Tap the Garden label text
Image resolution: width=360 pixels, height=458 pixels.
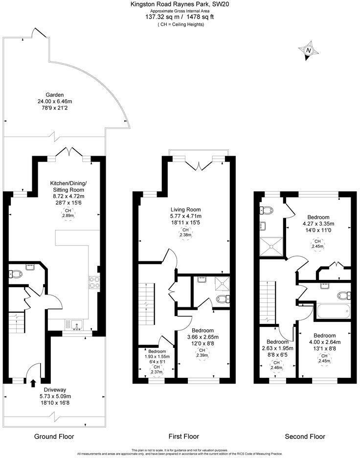coord(55,95)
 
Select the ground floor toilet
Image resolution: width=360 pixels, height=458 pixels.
coord(15,275)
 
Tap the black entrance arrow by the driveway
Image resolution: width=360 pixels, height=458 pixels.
coord(33,383)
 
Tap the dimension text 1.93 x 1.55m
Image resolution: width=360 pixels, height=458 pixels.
coord(157,357)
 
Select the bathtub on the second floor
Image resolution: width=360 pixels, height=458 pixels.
coord(333,311)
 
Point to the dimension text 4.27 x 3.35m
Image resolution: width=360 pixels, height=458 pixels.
coord(318,224)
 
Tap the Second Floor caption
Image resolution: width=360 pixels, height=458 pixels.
coord(305,436)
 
